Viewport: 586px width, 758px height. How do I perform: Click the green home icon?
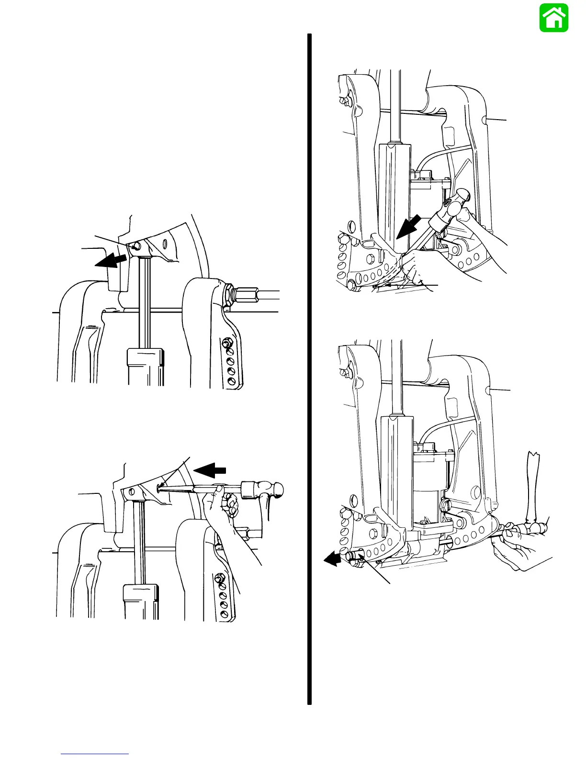click(x=554, y=18)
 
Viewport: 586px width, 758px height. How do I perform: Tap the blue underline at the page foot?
click(x=95, y=754)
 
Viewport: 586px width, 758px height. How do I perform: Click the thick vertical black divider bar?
click(x=309, y=368)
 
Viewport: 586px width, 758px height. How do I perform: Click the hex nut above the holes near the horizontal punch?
click(x=222, y=579)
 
